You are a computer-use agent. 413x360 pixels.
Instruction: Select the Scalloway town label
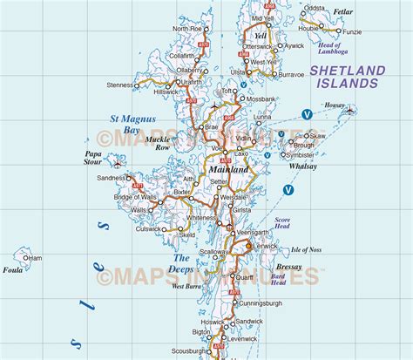pyautogui.click(x=213, y=252)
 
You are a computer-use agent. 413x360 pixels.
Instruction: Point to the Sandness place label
pyautogui.click(x=112, y=178)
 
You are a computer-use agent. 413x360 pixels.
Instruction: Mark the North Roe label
pyautogui.click(x=186, y=29)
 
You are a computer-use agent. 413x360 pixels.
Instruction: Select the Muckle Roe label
pyautogui.click(x=158, y=143)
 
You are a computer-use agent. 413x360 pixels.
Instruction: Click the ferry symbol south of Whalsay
pyautogui.click(x=288, y=189)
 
